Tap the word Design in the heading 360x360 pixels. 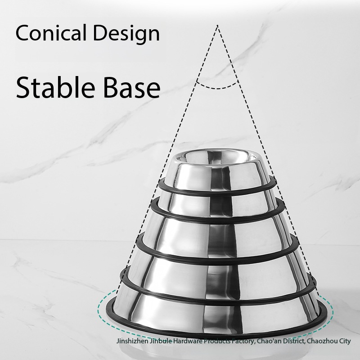click(x=126, y=34)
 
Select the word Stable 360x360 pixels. click(x=55, y=87)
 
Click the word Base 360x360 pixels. click(x=131, y=88)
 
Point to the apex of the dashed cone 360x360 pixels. click(x=217, y=25)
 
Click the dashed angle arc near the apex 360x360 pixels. click(x=217, y=88)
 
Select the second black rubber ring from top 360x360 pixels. click(x=217, y=221)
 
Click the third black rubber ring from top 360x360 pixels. click(x=217, y=262)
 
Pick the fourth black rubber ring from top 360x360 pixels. click(x=217, y=302)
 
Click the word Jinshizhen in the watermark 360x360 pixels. click(x=132, y=341)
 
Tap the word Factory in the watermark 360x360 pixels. click(x=243, y=342)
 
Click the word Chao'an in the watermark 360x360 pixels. click(x=269, y=341)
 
